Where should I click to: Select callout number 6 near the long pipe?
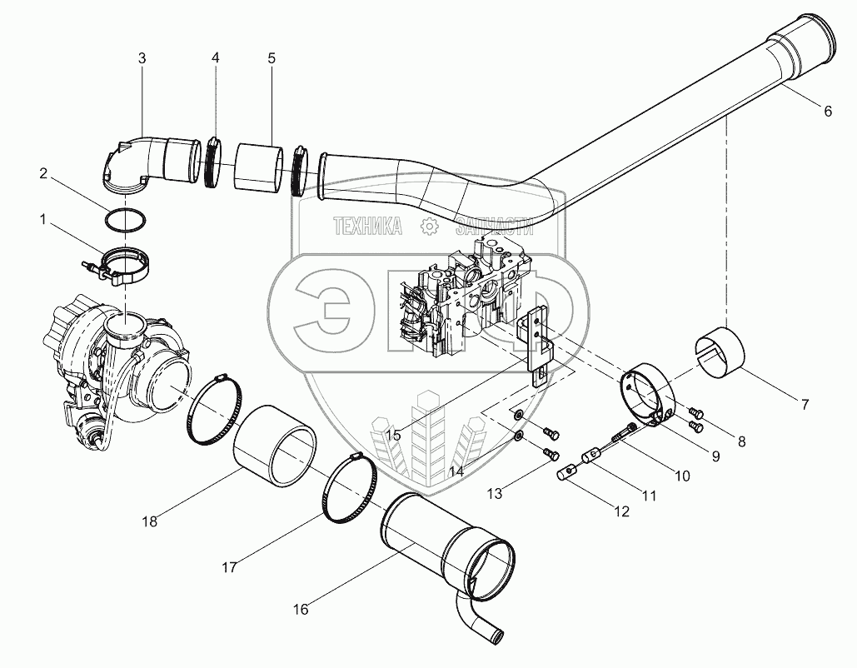tap(827, 112)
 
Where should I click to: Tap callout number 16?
tap(301, 609)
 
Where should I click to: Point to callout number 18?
tap(150, 521)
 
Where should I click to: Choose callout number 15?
tap(393, 434)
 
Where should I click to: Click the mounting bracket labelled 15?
tap(538, 341)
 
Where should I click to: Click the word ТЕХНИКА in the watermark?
tap(367, 225)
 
